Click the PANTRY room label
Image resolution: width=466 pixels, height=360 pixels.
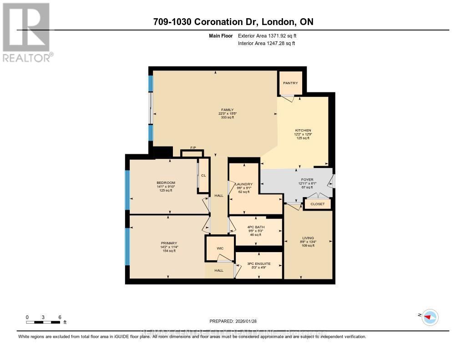pos(290,83)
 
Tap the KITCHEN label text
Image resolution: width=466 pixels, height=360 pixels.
pos(303,131)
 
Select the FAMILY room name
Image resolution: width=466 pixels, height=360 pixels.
pos(227,110)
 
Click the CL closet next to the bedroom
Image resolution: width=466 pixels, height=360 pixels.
pos(203,175)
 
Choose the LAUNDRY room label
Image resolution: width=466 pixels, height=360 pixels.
pos(244,184)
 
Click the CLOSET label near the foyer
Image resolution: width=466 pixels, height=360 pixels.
pos(318,204)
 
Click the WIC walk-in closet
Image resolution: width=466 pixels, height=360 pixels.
pos(220,248)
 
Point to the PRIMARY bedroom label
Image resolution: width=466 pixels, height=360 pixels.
pos(169,243)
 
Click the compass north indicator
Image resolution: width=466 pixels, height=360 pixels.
pos(429,316)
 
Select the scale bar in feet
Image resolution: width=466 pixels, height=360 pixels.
pos(43,322)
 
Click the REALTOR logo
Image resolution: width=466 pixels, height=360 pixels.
pos(27,32)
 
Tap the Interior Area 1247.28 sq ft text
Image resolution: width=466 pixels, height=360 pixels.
pos(266,44)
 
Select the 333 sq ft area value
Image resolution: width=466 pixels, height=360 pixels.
pos(227,117)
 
